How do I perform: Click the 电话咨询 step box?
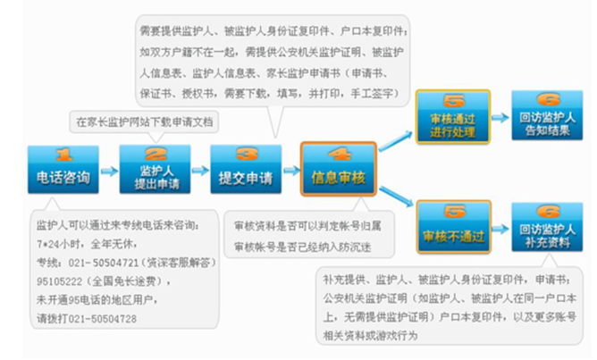tap(63, 170)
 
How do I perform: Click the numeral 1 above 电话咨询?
tap(63, 154)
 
